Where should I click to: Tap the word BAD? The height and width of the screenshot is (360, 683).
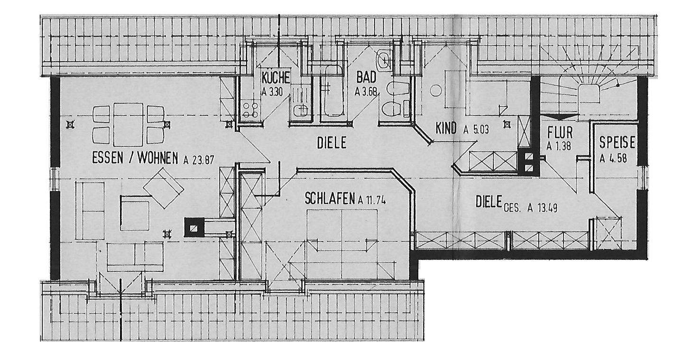coord(366,77)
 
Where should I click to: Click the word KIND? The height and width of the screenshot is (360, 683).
coord(446,128)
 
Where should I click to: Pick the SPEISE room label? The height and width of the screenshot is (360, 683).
coord(617,142)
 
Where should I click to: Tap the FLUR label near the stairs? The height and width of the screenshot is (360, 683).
coord(560,131)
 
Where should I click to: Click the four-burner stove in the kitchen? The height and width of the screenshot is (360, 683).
coord(250,110)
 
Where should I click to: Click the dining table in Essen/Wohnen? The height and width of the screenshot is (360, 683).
coord(128,124)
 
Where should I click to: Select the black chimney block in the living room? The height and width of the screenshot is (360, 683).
coord(193,227)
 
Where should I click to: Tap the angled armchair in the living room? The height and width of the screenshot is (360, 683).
coord(164,187)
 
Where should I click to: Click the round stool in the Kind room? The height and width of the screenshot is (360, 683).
coord(436,90)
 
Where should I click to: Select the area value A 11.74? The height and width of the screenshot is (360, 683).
coord(372,200)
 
